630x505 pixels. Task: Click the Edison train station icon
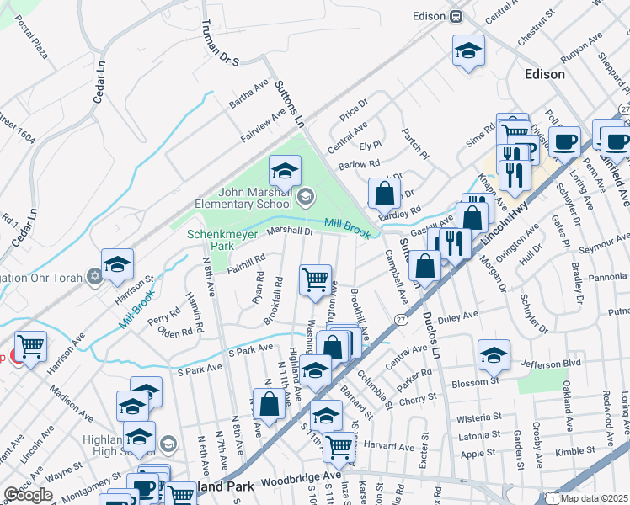[x=456, y=16]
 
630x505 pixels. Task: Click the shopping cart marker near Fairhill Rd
[x=316, y=278]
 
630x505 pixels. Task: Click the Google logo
[x=29, y=495]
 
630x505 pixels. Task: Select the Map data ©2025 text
[x=594, y=498]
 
